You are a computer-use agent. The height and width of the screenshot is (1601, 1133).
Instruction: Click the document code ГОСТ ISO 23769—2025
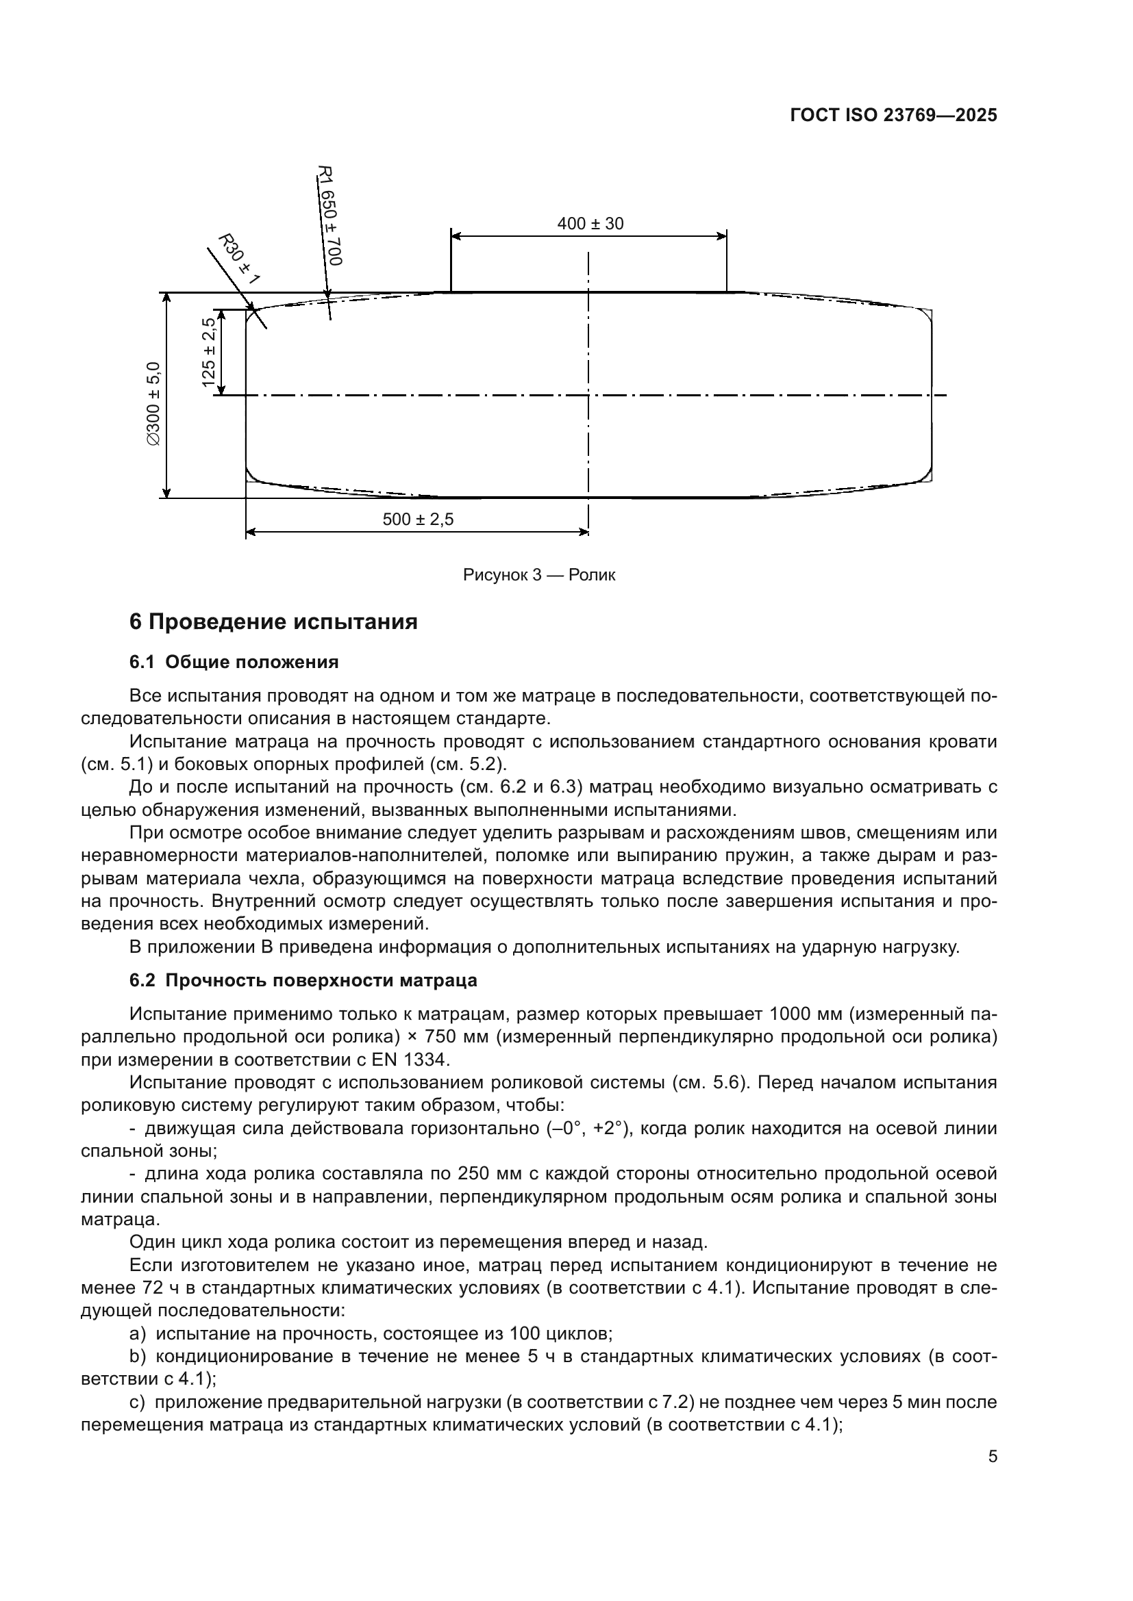(893, 115)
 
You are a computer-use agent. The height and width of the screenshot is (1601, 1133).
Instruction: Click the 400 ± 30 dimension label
(590, 224)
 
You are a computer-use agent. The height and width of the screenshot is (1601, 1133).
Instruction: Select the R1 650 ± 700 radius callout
(330, 216)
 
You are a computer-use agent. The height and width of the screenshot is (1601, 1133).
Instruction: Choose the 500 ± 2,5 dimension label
(418, 520)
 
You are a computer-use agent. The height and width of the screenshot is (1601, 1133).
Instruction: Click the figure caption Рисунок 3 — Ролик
(538, 575)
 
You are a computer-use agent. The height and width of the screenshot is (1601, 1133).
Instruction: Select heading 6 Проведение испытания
(273, 622)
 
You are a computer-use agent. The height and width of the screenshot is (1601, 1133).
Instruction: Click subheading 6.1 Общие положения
(234, 662)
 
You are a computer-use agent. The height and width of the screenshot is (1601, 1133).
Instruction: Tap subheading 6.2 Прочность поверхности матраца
(303, 979)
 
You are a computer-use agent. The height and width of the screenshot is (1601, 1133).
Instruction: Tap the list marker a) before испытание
(138, 1335)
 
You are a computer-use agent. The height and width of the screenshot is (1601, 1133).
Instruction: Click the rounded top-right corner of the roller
(928, 313)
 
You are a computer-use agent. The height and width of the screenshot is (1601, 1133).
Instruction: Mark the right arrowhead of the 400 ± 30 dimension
(723, 236)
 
